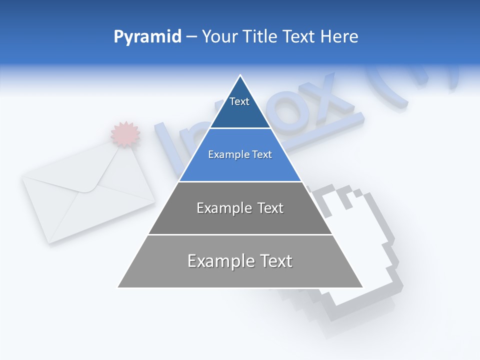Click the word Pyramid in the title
pos(147,37)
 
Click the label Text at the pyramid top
pos(239,102)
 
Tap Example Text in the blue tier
pos(240,154)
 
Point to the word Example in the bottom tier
pos(220,261)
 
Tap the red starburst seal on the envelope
pos(125,134)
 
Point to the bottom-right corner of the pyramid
pos(362,287)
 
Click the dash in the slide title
pos(191,37)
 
